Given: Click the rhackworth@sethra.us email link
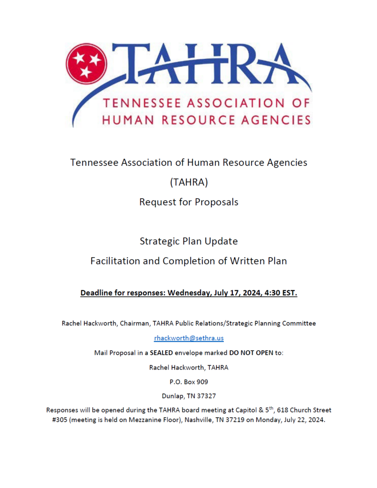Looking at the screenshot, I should [188, 338].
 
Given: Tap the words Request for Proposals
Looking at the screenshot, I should [188, 202].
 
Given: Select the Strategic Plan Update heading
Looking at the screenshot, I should [188, 241].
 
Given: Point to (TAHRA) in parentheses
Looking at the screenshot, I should [188, 182].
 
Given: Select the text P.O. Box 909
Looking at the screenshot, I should [188, 381].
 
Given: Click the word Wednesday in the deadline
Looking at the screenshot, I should [188, 293].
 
